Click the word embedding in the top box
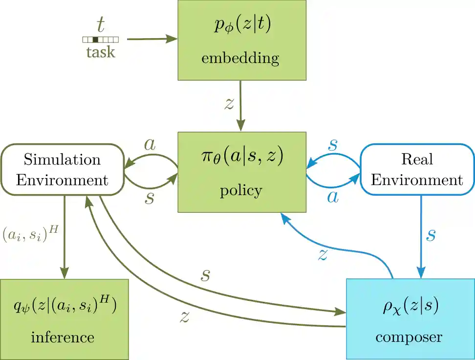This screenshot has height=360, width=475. tap(240, 59)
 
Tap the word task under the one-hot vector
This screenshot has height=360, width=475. tap(100, 52)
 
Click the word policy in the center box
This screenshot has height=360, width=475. tap(241, 190)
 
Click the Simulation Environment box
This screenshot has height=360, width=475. tap(62, 169)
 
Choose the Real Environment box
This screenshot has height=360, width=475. tap(417, 169)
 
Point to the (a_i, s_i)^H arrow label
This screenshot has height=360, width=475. tap(30, 235)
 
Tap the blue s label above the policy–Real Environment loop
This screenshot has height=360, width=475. tap(332, 144)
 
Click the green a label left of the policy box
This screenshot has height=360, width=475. tap(150, 144)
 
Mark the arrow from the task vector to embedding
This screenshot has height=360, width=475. tap(151, 39)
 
